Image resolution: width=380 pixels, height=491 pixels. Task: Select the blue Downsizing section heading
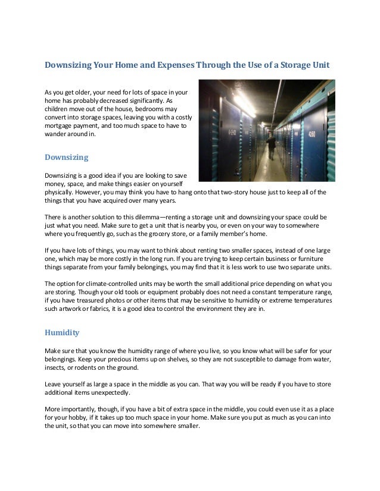(67, 158)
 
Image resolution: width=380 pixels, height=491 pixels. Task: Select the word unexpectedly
(110, 393)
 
